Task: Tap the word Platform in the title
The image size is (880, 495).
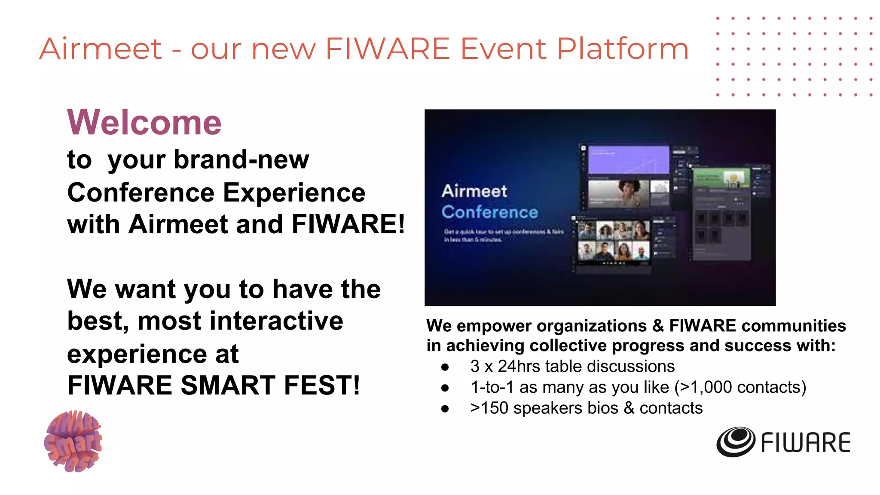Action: click(x=623, y=49)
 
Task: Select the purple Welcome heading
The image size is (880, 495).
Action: click(x=144, y=122)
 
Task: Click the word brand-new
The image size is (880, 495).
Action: click(x=208, y=160)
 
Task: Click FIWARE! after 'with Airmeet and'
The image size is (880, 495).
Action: click(x=348, y=224)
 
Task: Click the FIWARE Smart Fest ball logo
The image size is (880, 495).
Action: click(x=73, y=441)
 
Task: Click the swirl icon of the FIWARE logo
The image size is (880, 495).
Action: click(x=735, y=442)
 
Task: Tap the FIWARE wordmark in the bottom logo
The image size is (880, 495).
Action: click(x=806, y=443)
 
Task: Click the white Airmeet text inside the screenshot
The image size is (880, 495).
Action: click(x=474, y=191)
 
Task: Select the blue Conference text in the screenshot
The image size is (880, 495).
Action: click(x=489, y=212)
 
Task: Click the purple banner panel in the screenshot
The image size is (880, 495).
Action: click(x=628, y=159)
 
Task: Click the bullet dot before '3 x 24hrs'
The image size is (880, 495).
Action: click(x=445, y=367)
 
